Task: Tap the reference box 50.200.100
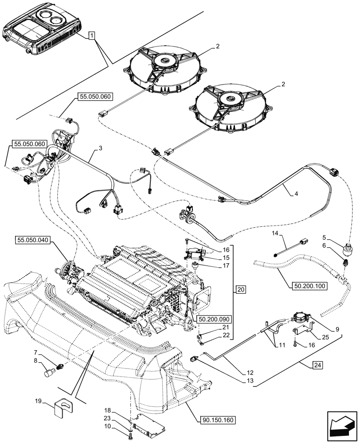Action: coord(309,286)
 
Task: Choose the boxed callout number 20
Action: coord(240,290)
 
